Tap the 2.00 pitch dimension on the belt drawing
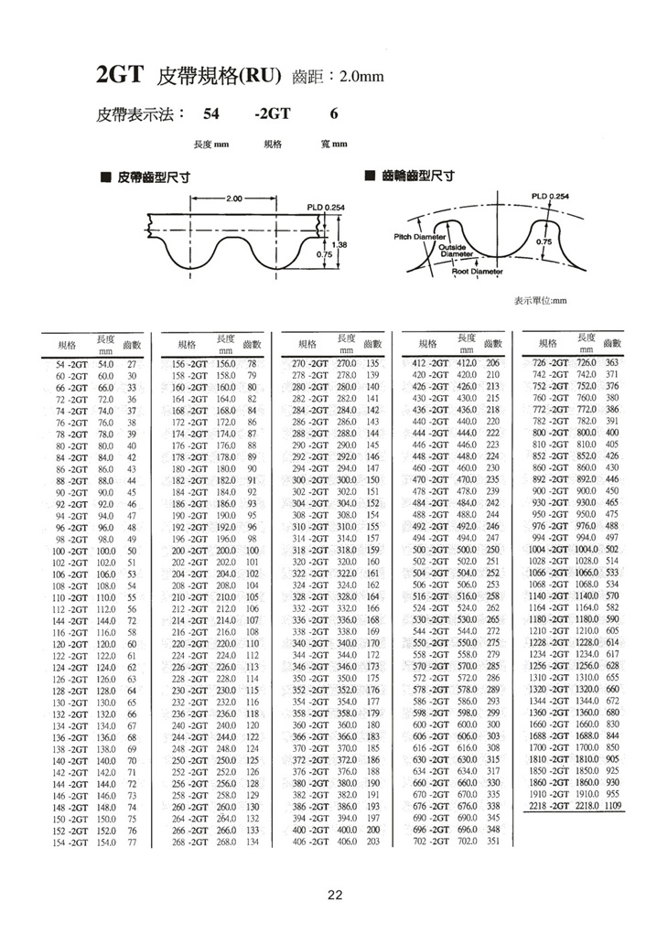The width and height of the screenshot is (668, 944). [x=233, y=198]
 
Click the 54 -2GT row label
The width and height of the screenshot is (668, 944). [x=70, y=364]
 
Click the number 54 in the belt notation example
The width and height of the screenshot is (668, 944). [x=211, y=114]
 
